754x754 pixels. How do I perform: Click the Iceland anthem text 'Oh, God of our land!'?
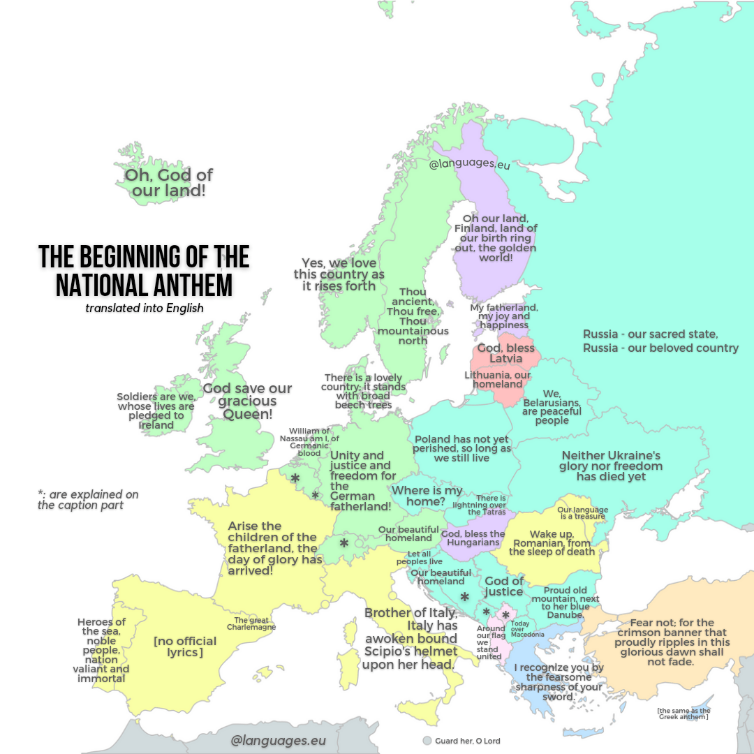tap(168, 182)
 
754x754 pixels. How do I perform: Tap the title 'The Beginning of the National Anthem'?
tap(144, 271)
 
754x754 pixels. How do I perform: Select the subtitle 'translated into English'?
tap(143, 308)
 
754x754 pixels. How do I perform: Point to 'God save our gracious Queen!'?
tap(247, 401)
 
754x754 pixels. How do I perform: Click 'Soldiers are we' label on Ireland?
tap(156, 411)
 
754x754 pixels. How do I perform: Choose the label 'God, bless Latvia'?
tap(505, 353)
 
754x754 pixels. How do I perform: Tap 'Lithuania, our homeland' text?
tap(498, 379)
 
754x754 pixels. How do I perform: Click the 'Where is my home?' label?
tap(427, 496)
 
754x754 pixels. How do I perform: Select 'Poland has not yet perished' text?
tap(461, 448)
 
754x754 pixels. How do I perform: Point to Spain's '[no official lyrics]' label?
tap(185, 646)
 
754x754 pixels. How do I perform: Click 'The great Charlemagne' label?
tap(251, 623)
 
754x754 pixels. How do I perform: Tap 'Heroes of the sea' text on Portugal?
tap(103, 650)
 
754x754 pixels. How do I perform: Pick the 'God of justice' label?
tap(504, 586)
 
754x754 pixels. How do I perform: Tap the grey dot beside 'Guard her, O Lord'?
tap(427, 741)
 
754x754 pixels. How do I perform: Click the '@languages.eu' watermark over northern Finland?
tap(469, 165)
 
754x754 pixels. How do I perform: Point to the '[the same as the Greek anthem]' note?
tap(683, 714)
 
